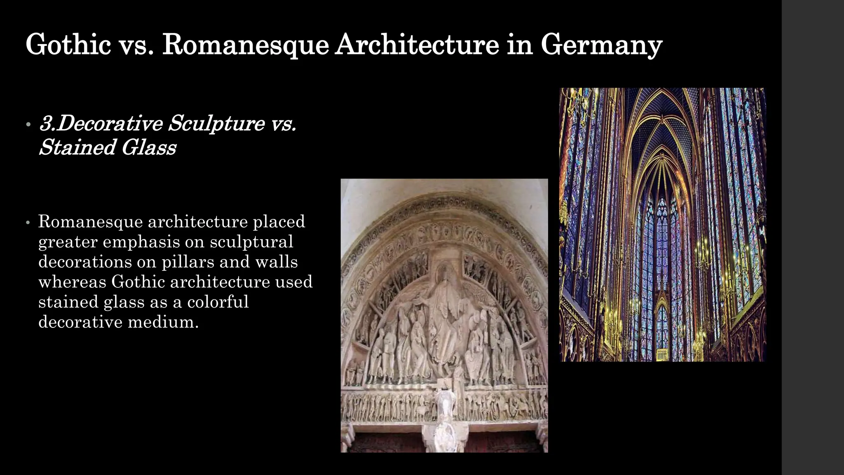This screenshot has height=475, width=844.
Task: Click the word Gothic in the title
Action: point(68,45)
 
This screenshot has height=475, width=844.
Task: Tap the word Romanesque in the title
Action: point(246,45)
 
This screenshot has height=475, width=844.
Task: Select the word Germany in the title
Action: point(601,45)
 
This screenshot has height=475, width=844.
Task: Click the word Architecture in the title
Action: point(417,45)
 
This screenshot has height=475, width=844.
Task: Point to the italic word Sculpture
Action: point(216,123)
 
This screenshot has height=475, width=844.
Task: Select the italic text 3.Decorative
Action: point(101,123)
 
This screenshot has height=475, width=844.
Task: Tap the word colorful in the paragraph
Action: point(218,302)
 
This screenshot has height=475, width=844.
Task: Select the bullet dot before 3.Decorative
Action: point(28,124)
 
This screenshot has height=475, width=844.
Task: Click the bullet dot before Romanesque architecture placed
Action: point(28,223)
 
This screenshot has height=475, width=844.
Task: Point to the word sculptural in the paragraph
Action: point(251,242)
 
